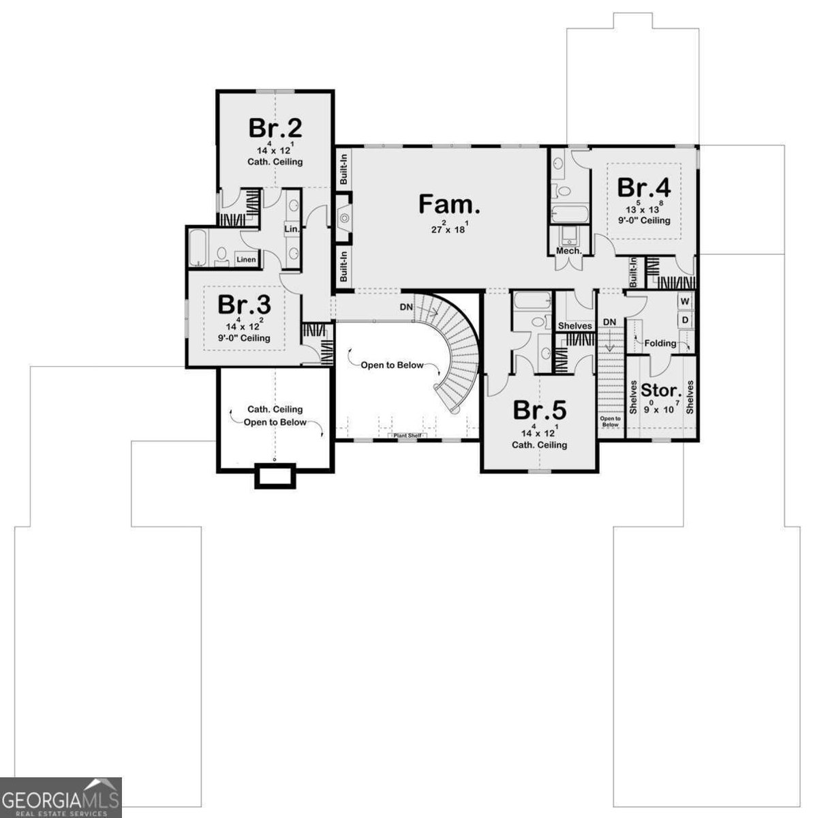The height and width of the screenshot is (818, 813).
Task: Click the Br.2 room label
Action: (275, 127)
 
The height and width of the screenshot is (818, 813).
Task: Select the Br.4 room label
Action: (644, 187)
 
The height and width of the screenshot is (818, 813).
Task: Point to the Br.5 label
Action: (539, 410)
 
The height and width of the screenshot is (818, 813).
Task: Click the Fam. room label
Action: (449, 204)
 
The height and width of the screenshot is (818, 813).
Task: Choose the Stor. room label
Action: (661, 391)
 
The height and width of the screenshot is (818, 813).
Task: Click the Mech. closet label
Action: (568, 251)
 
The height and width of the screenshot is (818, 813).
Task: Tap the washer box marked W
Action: (685, 301)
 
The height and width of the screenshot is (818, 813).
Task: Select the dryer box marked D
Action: (685, 320)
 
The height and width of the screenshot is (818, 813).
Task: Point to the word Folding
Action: (660, 343)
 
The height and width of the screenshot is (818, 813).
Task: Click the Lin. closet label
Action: (291, 229)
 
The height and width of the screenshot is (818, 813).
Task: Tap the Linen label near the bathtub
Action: (246, 259)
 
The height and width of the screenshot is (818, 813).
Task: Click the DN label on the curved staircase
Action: (406, 307)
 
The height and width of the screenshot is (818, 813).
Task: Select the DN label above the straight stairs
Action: (609, 322)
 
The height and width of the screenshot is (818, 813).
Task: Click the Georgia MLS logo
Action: (61, 798)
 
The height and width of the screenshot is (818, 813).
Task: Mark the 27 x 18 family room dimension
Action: (448, 228)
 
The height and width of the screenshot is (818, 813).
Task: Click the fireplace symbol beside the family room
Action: (344, 218)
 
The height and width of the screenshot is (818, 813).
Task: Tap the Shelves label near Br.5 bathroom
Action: (574, 326)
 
